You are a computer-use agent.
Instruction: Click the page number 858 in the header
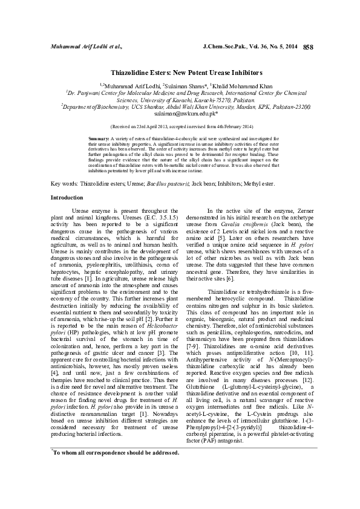point(307,46)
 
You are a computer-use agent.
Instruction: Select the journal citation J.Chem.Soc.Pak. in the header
point(224,47)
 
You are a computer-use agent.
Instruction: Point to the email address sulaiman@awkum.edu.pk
point(179,113)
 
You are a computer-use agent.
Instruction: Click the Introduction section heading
point(67,181)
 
